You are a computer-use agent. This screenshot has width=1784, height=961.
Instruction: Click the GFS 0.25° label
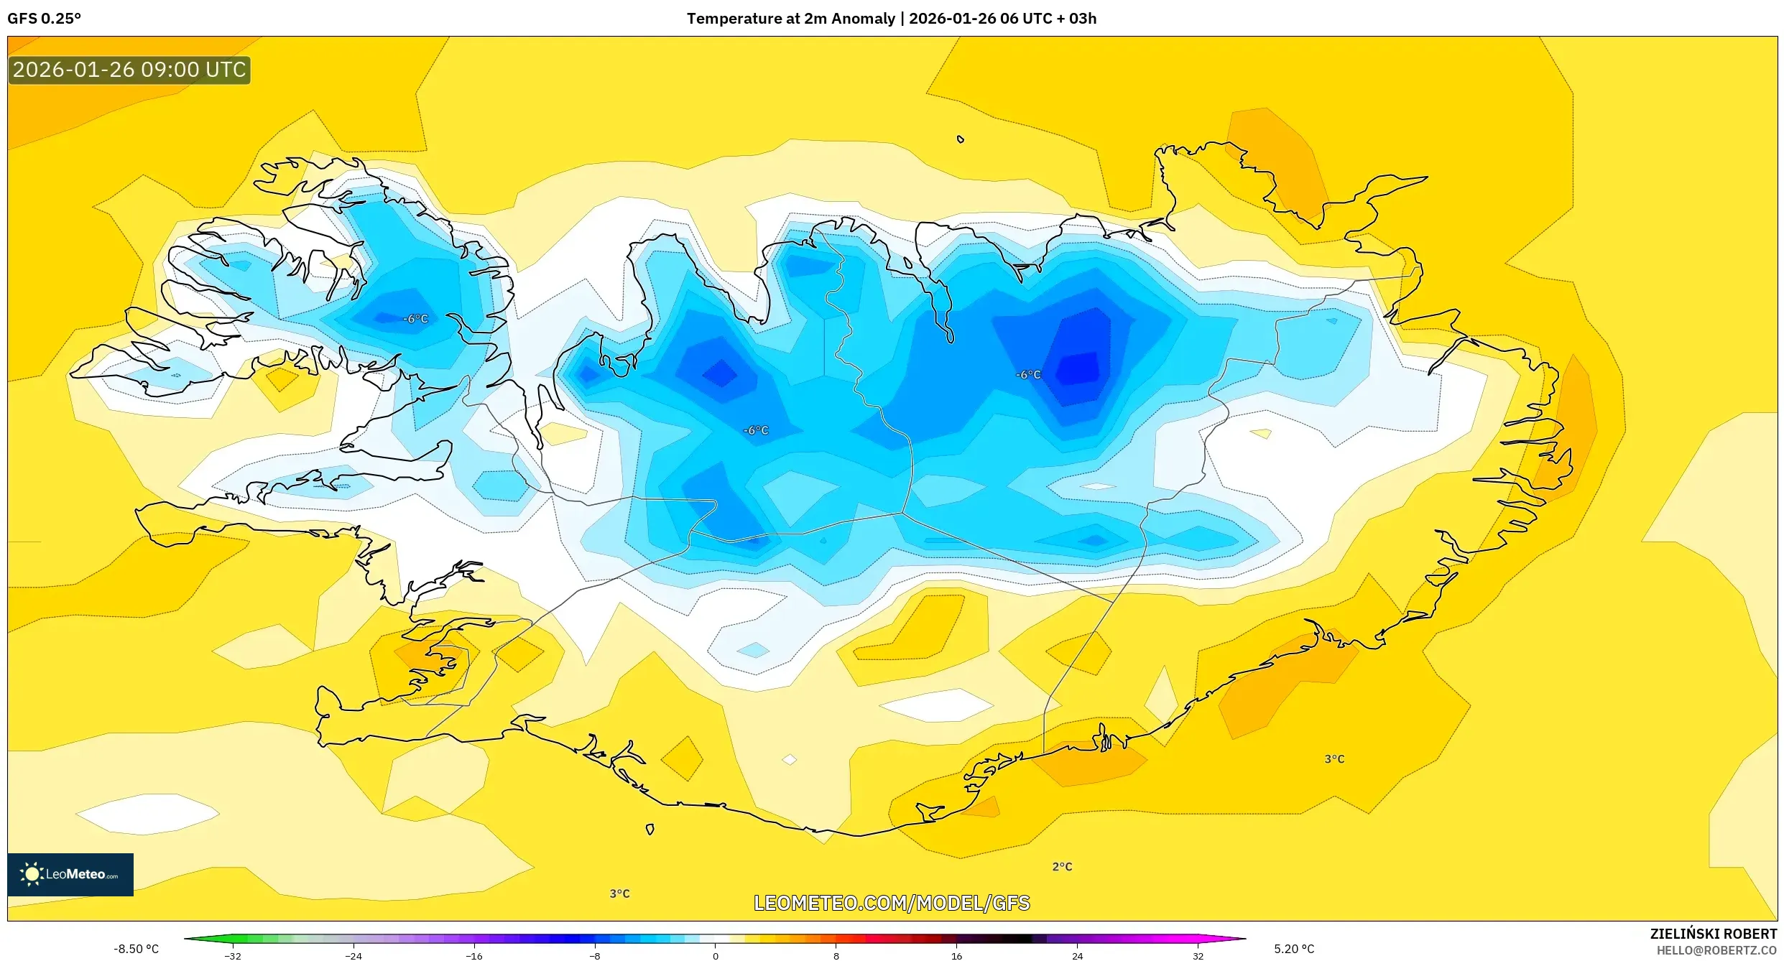coord(44,19)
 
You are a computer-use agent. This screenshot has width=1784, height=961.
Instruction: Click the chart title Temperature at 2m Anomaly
coord(790,19)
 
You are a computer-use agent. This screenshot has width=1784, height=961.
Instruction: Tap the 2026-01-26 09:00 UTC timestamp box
coord(129,70)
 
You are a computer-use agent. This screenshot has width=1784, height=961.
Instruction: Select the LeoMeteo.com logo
coord(70,874)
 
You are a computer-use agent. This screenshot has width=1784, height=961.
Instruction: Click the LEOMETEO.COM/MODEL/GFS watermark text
coord(892,903)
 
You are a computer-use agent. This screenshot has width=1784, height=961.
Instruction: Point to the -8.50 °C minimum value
coord(136,949)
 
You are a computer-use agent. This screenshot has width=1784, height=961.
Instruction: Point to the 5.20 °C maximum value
coord(1294,949)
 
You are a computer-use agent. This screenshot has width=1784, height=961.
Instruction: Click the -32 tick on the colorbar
coord(233,956)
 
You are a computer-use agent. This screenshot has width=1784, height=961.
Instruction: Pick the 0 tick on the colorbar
coord(715,956)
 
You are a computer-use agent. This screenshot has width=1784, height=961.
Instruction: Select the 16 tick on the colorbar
coord(956,956)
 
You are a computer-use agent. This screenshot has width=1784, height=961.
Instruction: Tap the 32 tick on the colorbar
coord(1198,956)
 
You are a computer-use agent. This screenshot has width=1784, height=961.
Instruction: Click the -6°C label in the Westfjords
coord(415,319)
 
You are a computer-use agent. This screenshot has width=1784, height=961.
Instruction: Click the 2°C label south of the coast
coord(1062,867)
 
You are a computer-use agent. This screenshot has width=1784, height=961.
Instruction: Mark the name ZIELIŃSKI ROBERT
coord(1713,934)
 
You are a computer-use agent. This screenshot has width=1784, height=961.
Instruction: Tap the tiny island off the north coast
coord(961,139)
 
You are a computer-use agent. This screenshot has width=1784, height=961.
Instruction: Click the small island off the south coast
coord(650,830)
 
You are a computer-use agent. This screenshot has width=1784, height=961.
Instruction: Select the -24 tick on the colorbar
coord(353,956)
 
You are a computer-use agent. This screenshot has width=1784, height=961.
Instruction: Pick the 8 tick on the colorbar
coord(836,956)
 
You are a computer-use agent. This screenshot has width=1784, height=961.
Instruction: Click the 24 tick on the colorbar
coord(1077,956)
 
